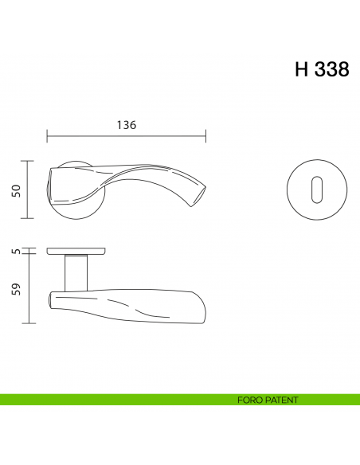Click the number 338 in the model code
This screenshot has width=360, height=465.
pyautogui.click(x=329, y=69)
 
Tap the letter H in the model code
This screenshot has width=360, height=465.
pyautogui.click(x=302, y=69)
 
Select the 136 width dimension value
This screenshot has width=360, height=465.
pyautogui.click(x=126, y=125)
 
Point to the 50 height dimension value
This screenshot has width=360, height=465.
pyautogui.click(x=16, y=190)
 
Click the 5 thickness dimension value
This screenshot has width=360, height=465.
pyautogui.click(x=16, y=251)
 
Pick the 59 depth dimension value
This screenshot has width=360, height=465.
pyautogui.click(x=16, y=288)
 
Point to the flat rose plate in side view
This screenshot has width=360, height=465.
pyautogui.click(x=77, y=251)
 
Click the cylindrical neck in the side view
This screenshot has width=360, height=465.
pyautogui.click(x=76, y=272)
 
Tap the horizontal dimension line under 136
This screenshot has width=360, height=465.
pyautogui.click(x=126, y=137)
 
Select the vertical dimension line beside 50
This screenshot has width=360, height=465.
pyautogui.click(x=29, y=190)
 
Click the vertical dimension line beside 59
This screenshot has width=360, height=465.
pyautogui.click(x=29, y=288)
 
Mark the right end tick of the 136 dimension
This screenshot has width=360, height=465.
pyautogui.click(x=206, y=137)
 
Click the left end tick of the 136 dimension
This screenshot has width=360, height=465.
pyautogui.click(x=46, y=137)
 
